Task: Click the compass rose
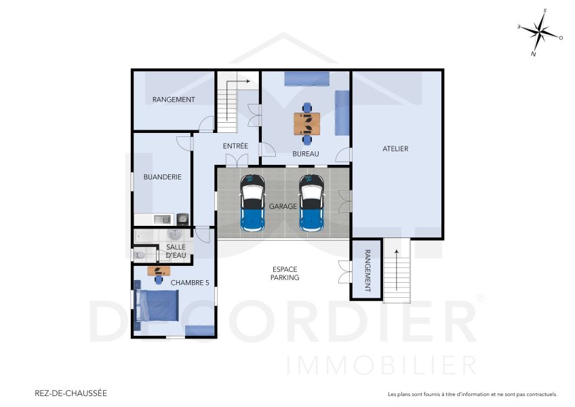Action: [540, 32]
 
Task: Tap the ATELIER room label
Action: [395, 149]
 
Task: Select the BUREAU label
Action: [305, 154]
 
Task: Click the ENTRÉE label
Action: [235, 146]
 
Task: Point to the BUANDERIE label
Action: [162, 177]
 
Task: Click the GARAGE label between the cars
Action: [282, 206]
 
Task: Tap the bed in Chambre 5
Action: [157, 305]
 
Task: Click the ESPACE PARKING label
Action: [284, 273]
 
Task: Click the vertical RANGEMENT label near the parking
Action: [368, 271]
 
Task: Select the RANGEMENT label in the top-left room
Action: [174, 100]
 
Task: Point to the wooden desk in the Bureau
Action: [307, 123]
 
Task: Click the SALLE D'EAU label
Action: [176, 251]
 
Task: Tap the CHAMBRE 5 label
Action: [190, 283]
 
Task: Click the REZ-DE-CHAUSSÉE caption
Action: [71, 393]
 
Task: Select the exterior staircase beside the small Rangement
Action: [397, 271]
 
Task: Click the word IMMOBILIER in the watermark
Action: [380, 364]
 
